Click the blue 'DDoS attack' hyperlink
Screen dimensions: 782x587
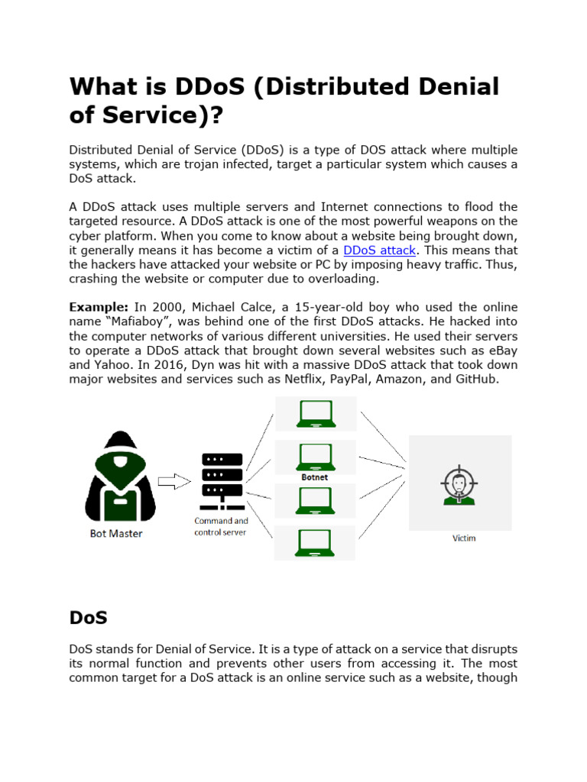(x=380, y=250)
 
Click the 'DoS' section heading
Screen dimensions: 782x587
(x=88, y=616)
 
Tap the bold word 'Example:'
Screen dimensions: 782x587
(x=99, y=307)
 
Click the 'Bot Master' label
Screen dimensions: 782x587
(x=116, y=534)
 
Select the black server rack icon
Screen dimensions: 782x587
(x=222, y=481)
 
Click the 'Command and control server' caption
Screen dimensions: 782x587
(x=221, y=526)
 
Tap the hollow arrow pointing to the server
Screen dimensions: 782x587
(x=174, y=481)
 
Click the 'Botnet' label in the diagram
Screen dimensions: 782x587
(x=314, y=477)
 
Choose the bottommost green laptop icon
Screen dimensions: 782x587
(x=314, y=542)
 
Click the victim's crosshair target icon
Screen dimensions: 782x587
(x=459, y=484)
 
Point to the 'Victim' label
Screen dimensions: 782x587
(x=464, y=538)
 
